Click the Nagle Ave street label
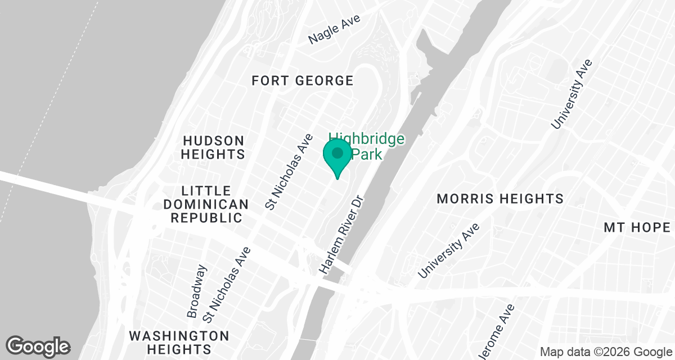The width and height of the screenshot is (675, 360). [x=335, y=30]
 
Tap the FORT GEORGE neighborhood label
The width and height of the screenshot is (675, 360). [x=303, y=81]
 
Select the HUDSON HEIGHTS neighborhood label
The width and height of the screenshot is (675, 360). [x=213, y=147]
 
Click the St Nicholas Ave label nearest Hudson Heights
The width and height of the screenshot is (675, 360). [x=289, y=172]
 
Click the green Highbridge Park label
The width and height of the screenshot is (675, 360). [x=367, y=146]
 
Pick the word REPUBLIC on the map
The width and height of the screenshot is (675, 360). [x=207, y=218]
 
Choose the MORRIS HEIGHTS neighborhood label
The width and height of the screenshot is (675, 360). [x=500, y=199]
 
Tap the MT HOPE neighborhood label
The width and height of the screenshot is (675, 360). [x=637, y=227]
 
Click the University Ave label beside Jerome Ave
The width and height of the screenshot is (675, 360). [x=449, y=250]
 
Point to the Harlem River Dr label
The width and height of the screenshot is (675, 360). [x=340, y=235]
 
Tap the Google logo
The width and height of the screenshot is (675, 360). [x=38, y=346]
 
